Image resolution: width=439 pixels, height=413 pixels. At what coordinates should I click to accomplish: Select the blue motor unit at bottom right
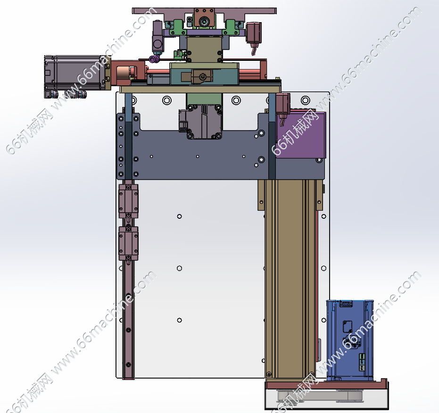pos(350,340)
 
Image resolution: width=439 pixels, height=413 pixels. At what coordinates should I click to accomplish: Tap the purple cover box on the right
pos(301,135)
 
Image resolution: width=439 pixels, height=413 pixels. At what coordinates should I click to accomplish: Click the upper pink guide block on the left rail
pos(129,201)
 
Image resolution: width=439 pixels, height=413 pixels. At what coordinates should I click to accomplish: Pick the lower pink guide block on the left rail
pos(129,243)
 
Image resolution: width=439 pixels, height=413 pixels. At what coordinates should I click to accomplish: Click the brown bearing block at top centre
pos(204,18)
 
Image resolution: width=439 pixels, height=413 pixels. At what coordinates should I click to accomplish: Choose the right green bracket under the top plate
pos(233,28)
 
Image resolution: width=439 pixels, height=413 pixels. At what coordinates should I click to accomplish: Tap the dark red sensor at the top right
pos(254,33)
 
